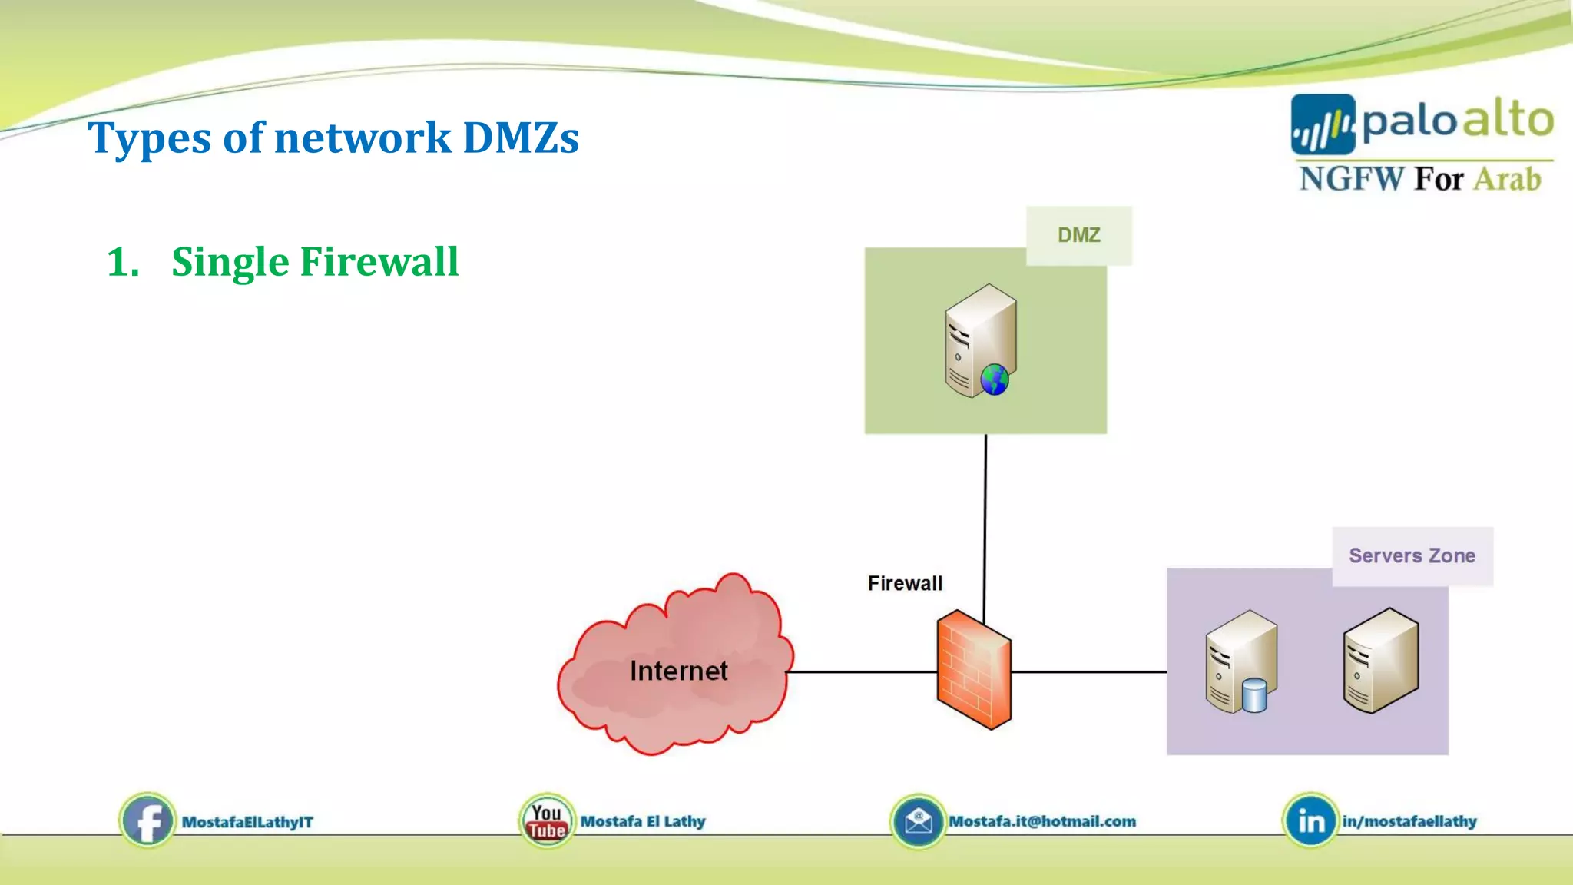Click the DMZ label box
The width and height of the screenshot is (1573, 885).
click(1078, 235)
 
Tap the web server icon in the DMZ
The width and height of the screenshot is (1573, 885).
click(980, 341)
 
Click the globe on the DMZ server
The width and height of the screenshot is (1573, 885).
click(995, 380)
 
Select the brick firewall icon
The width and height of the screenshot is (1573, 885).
click(973, 669)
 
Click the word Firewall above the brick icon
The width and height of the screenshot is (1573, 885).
click(905, 583)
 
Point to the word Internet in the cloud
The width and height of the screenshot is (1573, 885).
click(678, 671)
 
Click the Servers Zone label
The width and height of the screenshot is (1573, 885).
click(1412, 555)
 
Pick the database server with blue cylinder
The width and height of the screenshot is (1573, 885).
click(1240, 661)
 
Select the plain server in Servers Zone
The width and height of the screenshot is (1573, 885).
click(1380, 661)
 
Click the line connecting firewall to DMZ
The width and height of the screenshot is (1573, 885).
click(985, 522)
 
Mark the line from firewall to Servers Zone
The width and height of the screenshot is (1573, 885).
click(1089, 671)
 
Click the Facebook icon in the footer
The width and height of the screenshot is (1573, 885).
click(147, 820)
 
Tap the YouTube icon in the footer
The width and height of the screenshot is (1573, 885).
click(546, 821)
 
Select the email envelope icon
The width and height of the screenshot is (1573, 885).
click(917, 821)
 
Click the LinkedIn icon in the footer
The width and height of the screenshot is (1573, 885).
click(1310, 821)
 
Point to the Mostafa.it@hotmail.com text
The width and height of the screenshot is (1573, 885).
click(1042, 821)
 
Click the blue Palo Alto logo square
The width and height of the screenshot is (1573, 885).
click(1322, 124)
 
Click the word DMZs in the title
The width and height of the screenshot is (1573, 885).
click(521, 138)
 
